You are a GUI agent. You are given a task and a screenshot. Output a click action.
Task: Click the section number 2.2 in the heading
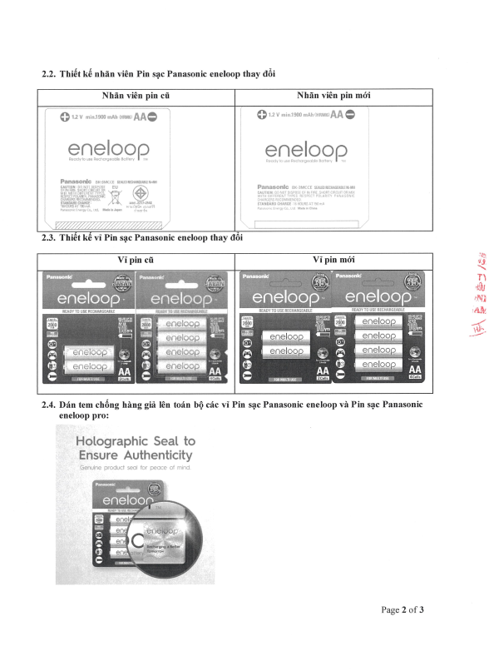(48, 74)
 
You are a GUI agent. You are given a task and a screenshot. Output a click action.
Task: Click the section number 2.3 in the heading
(48, 238)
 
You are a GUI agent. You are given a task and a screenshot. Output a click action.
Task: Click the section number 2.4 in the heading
(48, 404)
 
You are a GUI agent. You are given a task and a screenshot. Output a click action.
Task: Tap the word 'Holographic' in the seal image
(112, 441)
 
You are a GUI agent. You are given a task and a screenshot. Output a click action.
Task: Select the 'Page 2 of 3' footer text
(403, 609)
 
